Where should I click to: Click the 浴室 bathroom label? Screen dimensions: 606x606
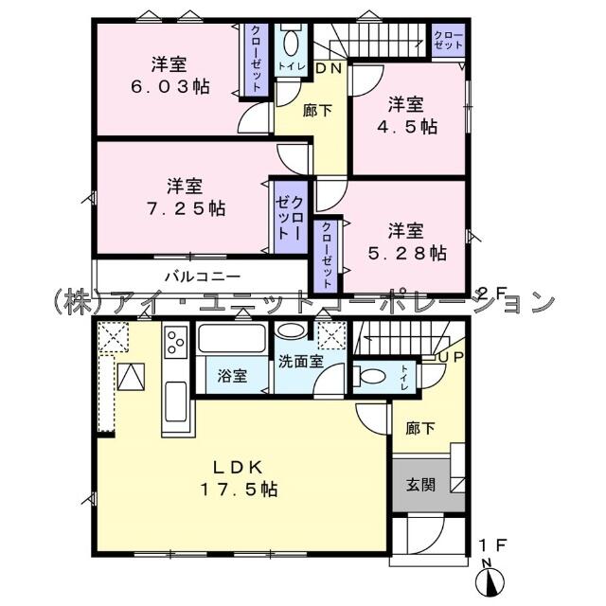pos(233,376)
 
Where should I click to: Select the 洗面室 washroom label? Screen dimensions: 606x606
pos(300,361)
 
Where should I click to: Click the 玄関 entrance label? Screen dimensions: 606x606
pos(421,487)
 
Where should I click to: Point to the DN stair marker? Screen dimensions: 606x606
pos(329,69)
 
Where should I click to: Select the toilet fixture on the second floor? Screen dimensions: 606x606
pos(292,43)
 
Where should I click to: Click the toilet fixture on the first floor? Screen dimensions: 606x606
pos(371,376)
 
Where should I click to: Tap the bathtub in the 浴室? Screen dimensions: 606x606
pos(232,340)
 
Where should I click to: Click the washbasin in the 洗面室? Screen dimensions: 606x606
pos(294,331)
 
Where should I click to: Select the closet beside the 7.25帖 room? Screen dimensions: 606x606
pos(289,217)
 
